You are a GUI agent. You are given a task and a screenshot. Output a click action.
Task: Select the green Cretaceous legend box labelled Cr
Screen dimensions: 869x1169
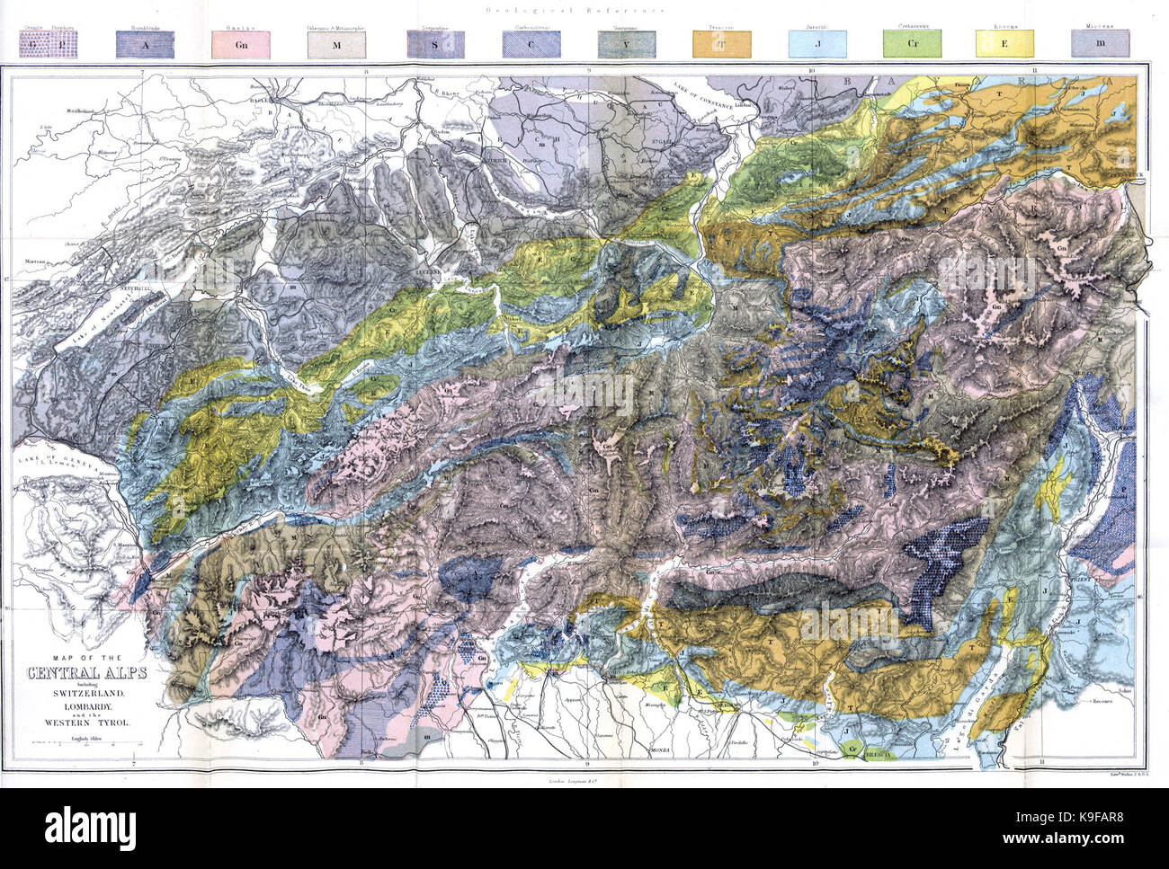click(912, 43)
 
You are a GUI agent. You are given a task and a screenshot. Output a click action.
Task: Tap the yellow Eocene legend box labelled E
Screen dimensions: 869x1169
click(1005, 43)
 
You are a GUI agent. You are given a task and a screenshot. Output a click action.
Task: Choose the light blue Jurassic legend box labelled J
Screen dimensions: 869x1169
click(817, 43)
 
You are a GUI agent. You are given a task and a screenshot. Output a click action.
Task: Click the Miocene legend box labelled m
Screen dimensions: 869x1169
click(1101, 43)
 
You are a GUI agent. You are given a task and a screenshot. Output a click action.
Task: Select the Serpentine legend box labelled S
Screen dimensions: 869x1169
click(435, 43)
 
